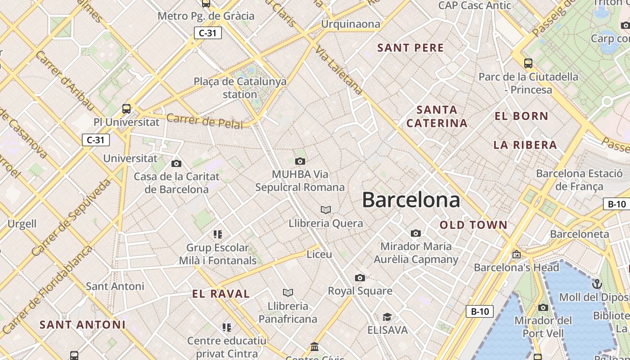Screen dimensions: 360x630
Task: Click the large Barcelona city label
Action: click(411, 200)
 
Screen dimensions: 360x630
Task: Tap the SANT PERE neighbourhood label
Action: click(410, 48)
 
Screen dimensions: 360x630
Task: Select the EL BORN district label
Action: click(522, 116)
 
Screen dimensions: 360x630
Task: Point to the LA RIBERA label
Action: click(525, 145)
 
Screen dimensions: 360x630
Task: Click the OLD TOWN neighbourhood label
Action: click(473, 225)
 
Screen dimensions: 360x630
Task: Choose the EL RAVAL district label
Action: click(220, 294)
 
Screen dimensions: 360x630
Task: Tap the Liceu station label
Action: click(319, 254)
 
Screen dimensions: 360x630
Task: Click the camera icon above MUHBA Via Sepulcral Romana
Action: click(300, 161)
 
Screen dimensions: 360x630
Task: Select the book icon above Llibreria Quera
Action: click(326, 210)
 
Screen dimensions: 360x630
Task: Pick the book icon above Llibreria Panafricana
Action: click(288, 292)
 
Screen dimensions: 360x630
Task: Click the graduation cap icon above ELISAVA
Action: click(387, 317)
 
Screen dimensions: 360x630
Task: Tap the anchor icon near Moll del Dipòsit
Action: click(597, 284)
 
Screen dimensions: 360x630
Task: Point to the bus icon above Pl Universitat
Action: click(126, 108)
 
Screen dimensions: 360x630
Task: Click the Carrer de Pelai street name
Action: click(204, 121)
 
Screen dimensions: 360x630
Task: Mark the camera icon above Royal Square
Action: click(360, 278)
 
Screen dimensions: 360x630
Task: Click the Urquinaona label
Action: click(350, 24)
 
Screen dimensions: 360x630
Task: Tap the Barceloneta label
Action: click(579, 234)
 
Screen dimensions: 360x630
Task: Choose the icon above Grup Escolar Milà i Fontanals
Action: click(218, 234)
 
